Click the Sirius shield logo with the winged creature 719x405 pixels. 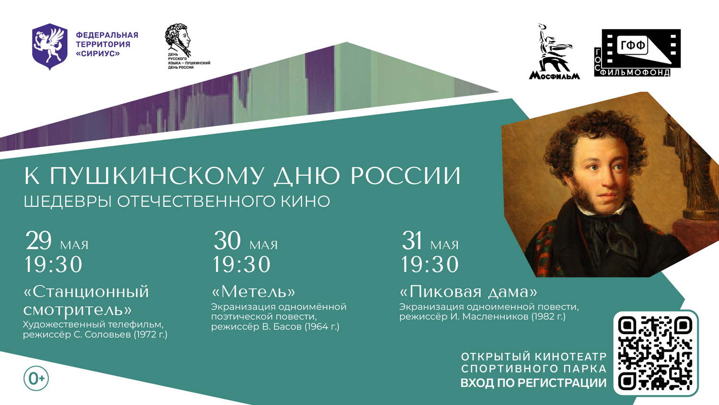(x=50, y=46)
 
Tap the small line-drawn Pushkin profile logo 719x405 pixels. (x=177, y=38)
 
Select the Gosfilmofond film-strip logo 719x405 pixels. (x=637, y=53)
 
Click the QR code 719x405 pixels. (x=656, y=352)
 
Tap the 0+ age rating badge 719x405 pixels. (x=36, y=379)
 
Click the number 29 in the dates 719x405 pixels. (x=38, y=241)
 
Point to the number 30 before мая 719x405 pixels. (x=227, y=241)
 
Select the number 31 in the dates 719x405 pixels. (x=411, y=241)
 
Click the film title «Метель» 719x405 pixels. (x=253, y=292)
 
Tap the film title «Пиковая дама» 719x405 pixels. (x=468, y=292)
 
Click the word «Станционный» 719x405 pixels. (x=86, y=292)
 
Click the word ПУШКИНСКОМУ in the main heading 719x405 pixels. (x=156, y=176)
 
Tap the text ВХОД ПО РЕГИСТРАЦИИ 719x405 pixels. (x=533, y=383)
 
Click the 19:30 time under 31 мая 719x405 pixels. (x=430, y=264)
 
